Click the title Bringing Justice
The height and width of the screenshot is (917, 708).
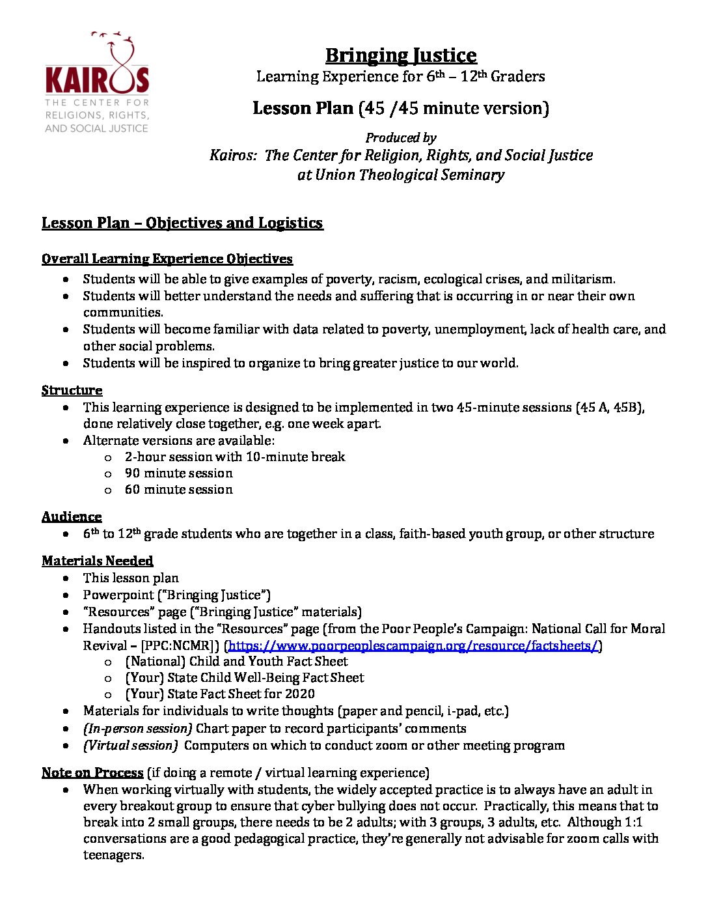(x=401, y=55)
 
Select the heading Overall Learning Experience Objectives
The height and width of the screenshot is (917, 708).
(x=167, y=259)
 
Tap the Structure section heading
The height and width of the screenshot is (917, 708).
(x=72, y=390)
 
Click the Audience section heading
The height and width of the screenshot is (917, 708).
(x=72, y=517)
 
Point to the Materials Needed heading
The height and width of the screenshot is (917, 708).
(x=98, y=561)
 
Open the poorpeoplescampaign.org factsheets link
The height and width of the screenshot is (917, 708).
(x=413, y=646)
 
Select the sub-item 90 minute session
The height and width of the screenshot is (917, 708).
(x=178, y=473)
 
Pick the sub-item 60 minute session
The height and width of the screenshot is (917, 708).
(x=178, y=490)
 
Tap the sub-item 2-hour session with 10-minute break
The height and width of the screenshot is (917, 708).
(x=235, y=457)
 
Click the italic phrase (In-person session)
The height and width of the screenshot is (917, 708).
(x=137, y=729)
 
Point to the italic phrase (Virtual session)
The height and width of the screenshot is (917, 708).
(x=130, y=746)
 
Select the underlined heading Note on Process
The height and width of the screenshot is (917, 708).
(x=92, y=773)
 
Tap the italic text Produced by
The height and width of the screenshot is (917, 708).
(x=401, y=138)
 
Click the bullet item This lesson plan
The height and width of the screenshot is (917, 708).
(x=131, y=578)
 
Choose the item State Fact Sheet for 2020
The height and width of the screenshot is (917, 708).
(x=241, y=694)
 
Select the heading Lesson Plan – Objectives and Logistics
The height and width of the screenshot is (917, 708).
(x=182, y=223)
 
